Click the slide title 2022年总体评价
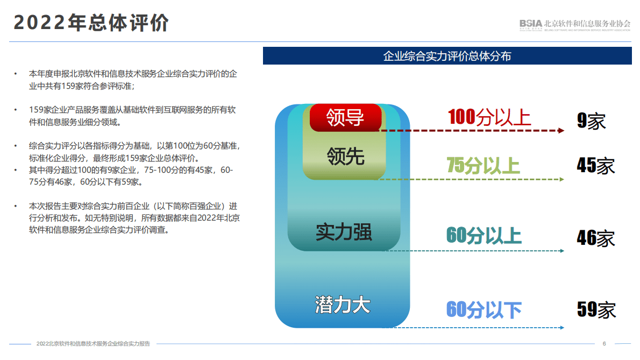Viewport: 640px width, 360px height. [91, 23]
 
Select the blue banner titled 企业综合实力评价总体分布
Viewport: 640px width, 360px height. [447, 56]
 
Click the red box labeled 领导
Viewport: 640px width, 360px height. [345, 117]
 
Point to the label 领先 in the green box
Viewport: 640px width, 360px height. [345, 156]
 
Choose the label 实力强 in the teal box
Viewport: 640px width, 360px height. [344, 232]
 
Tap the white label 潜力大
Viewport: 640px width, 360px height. [343, 305]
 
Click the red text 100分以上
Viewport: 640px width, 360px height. [489, 117]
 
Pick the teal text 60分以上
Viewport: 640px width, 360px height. [483, 236]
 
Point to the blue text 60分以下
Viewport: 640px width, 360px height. [483, 309]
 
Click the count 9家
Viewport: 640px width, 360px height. [591, 121]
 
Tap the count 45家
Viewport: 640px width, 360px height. [595, 166]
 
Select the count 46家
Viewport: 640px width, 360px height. [595, 238]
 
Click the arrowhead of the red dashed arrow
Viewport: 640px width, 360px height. [561, 131]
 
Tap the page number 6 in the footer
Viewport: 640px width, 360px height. [604, 344]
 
